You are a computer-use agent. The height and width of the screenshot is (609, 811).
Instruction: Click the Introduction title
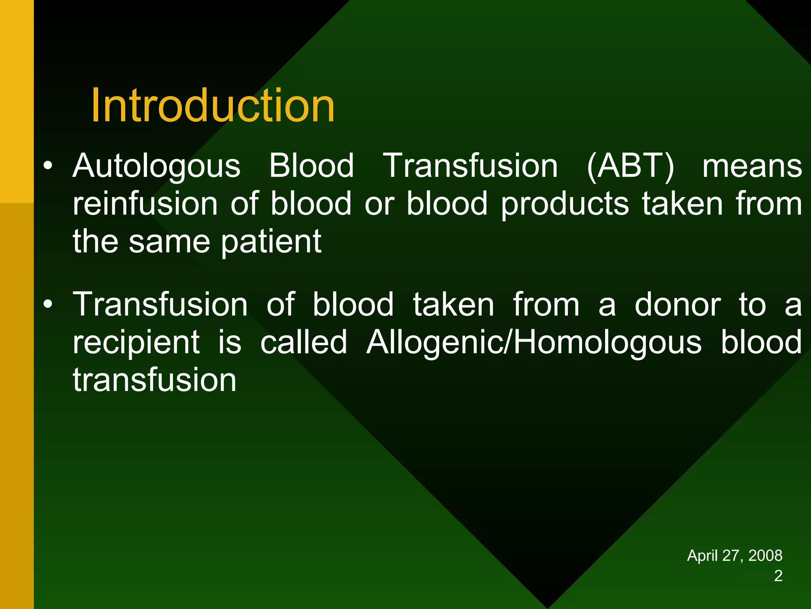tap(213, 105)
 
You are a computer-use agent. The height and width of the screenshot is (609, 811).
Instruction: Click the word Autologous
tap(156, 166)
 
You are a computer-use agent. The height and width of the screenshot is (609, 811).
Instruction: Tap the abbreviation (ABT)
tap(630, 166)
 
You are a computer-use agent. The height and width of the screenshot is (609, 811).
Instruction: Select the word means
tap(752, 166)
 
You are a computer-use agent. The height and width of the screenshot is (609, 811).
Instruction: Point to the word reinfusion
tap(145, 203)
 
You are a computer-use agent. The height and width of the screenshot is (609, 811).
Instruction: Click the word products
tap(565, 203)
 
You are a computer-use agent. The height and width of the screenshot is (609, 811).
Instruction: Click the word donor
tap(678, 304)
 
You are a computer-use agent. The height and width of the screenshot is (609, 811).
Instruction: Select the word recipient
tap(136, 342)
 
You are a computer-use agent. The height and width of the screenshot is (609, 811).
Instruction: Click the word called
tap(304, 342)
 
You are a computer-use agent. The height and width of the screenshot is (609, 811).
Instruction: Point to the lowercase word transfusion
tap(154, 380)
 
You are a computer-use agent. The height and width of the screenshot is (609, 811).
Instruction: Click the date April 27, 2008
tap(734, 555)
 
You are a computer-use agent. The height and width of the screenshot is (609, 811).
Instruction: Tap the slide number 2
tap(778, 576)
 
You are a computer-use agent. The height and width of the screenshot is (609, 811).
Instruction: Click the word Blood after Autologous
tap(311, 166)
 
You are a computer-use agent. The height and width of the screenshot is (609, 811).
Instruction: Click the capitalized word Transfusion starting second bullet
tap(160, 304)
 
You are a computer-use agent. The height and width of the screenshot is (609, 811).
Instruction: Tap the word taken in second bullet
tap(453, 304)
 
